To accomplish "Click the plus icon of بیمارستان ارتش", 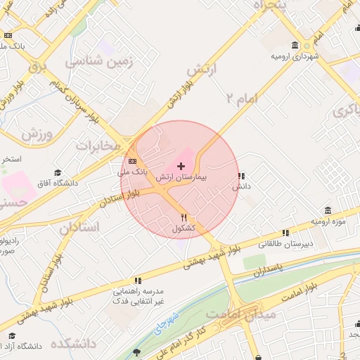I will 181,165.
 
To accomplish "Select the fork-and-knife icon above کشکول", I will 184,217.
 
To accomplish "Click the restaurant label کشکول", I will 184,229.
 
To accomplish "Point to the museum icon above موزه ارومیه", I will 328,211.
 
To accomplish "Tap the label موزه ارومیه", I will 330,222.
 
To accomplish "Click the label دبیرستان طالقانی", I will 285,244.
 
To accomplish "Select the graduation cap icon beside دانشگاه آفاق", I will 57,173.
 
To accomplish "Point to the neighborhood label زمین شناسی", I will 99,62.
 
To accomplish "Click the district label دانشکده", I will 72,344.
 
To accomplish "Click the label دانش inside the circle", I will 242,187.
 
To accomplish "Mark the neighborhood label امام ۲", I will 243,98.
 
